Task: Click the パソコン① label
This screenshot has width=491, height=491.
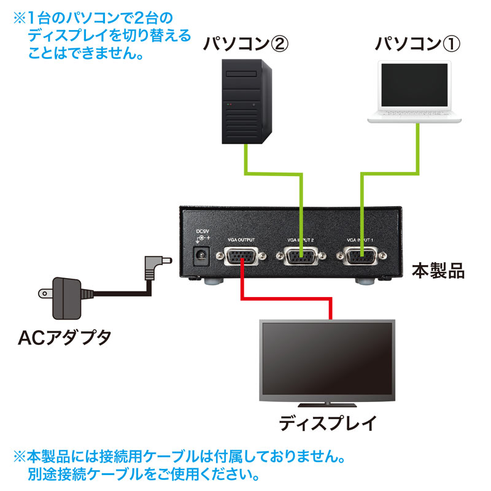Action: (x=417, y=45)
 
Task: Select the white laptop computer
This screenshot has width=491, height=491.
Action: (x=416, y=92)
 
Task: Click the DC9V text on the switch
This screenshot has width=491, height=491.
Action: (x=201, y=231)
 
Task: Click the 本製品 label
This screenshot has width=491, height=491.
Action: (x=438, y=271)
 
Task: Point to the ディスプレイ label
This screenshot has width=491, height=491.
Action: (x=326, y=423)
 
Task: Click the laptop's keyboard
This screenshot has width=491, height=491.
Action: (x=416, y=114)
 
